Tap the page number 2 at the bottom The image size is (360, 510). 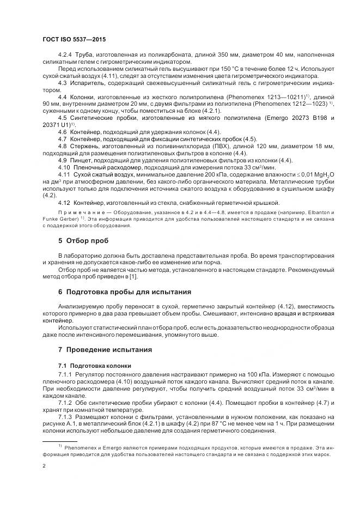pos(44,466)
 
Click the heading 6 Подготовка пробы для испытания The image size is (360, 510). pos(125,291)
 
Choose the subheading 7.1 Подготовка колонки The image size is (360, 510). pos(94,365)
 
